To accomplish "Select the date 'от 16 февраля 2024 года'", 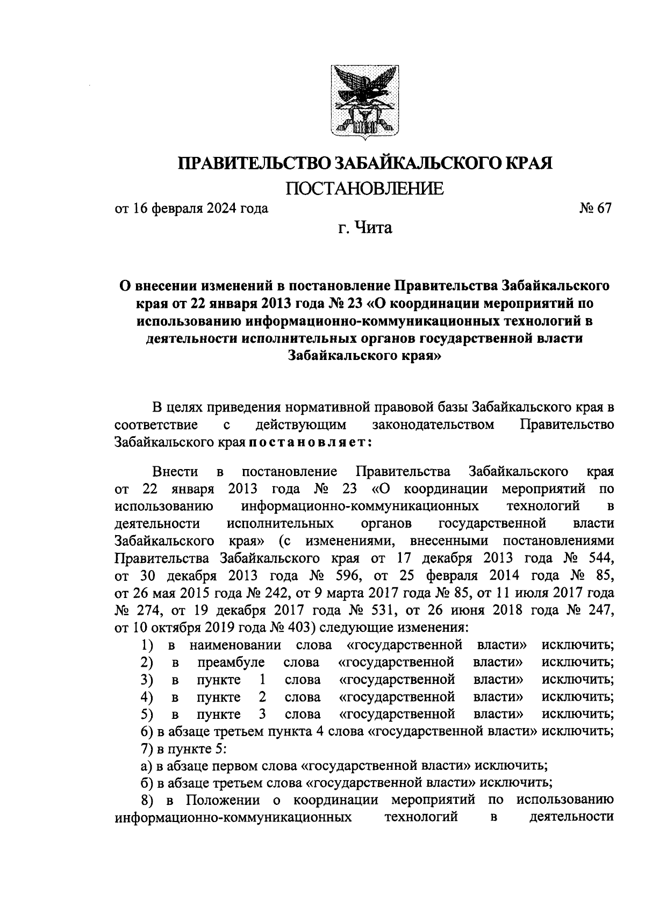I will (x=191, y=208).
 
